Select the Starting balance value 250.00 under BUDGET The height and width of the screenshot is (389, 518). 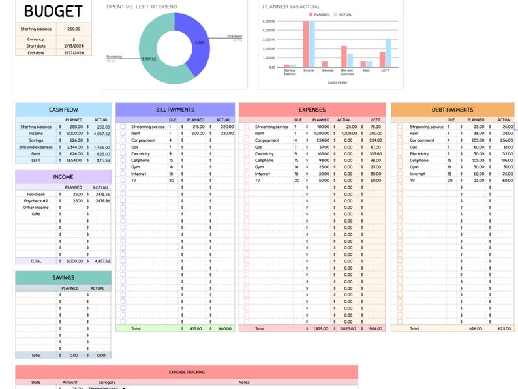click(73, 29)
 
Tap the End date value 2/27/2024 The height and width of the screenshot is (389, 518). click(73, 53)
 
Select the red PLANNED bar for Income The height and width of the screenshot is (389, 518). click(305, 44)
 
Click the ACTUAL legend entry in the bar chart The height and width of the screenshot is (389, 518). click(343, 14)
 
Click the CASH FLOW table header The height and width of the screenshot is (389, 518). click(64, 110)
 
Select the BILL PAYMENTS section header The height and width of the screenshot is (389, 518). click(175, 110)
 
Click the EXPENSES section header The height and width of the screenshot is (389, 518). click(311, 110)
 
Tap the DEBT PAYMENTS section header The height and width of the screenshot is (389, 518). click(452, 110)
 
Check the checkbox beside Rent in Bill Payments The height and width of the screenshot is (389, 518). click(123, 133)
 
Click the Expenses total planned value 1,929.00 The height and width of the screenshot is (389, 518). click(320, 328)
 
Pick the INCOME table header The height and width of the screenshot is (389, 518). click(63, 177)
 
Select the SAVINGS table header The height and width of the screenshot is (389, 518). click(63, 277)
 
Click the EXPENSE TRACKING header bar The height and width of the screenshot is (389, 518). click(187, 372)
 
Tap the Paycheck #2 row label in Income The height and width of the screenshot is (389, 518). click(36, 200)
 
